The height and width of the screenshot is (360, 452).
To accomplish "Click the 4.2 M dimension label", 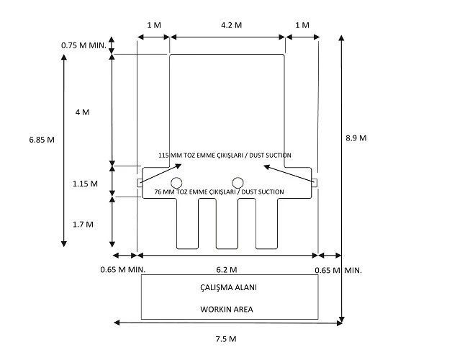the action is tap(231, 25).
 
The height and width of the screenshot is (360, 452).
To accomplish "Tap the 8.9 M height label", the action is tap(356, 138).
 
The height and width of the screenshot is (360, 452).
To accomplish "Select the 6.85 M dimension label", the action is tap(42, 140).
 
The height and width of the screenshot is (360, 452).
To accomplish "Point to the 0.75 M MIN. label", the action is tap(83, 45).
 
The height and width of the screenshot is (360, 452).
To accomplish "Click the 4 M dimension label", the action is tap(83, 112).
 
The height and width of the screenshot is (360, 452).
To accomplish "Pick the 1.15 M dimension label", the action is tap(85, 184).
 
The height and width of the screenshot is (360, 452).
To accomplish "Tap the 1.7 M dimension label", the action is tap(83, 225).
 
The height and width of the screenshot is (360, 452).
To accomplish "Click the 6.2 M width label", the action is tap(227, 270).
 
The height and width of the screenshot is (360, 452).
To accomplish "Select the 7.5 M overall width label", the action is tap(226, 339).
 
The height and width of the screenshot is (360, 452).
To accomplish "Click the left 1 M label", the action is tap(154, 25).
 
